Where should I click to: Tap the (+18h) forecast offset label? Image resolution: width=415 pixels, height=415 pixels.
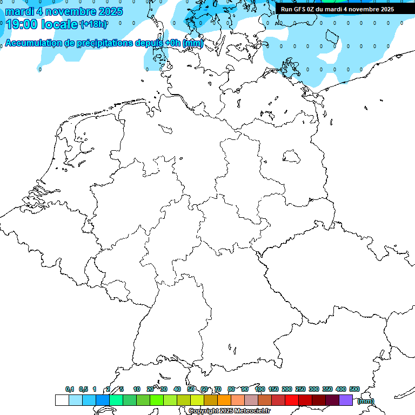[93, 24]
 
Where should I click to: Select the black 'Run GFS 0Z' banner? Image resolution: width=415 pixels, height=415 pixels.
[337, 9]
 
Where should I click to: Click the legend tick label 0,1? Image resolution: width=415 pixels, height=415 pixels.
[70, 389]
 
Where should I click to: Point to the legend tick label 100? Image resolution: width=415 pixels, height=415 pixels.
[260, 389]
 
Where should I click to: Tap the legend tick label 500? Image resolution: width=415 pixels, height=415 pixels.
[354, 389]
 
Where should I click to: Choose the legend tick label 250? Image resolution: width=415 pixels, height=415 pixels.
[300, 389]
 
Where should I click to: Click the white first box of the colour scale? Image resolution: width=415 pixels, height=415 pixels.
[62, 400]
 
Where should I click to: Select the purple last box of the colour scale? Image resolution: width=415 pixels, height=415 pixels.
[346, 400]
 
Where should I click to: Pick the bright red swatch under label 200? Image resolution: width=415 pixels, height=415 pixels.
[292, 400]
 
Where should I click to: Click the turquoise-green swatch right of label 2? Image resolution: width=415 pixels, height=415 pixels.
[116, 400]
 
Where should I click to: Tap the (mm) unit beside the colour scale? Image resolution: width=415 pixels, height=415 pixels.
[366, 401]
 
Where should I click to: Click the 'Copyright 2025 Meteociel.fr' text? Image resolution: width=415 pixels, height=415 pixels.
[229, 411]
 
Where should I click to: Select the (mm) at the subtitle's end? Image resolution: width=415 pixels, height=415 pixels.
[193, 44]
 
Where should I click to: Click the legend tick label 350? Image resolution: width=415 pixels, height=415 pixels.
[327, 389]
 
